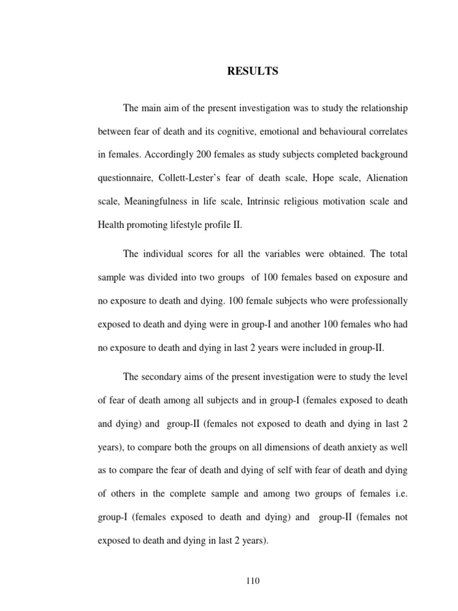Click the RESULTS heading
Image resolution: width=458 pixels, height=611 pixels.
click(x=252, y=72)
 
